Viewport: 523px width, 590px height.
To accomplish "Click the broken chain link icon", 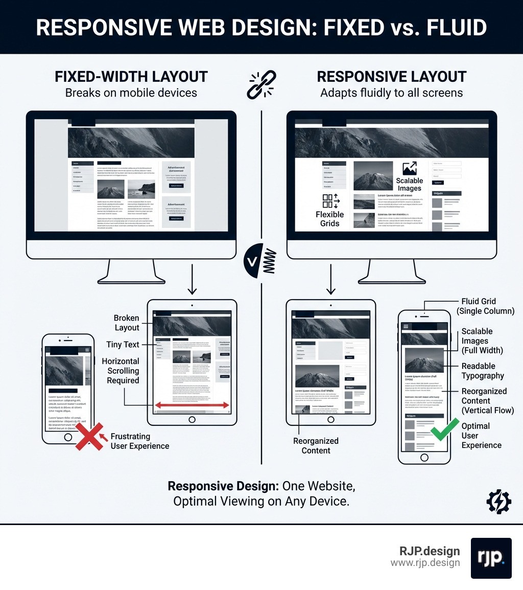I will (260, 85).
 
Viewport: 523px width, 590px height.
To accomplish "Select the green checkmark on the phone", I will (443, 430).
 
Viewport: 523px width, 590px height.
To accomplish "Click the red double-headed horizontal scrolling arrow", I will (192, 405).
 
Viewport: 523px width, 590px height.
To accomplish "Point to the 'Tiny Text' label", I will (123, 345).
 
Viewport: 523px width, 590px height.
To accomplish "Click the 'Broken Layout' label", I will (126, 323).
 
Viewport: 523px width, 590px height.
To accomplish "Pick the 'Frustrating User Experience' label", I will (139, 441).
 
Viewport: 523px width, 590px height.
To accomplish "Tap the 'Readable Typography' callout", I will (483, 371).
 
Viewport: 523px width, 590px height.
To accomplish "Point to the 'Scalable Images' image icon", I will (410, 169).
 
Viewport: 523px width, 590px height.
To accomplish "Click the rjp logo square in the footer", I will (491, 558).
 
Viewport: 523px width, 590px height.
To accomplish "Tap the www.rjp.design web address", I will (425, 562).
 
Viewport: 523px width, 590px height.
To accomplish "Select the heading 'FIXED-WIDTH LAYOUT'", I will (131, 77).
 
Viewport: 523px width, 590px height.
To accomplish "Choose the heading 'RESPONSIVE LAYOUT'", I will (392, 77).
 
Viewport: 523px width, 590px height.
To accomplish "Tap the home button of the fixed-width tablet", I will (192, 420).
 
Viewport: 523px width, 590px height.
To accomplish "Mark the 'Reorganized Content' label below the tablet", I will (316, 445).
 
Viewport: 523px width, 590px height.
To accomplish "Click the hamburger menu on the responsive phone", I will (406, 326).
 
